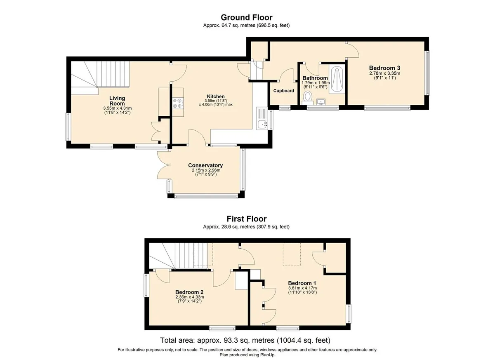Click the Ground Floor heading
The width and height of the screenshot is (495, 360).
tap(246, 17)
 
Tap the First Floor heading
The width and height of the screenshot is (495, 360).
tap(246, 219)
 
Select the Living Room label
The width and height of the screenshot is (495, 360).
tap(117, 101)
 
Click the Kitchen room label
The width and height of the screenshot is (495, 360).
tap(216, 96)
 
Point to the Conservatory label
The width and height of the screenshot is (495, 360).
tap(205, 165)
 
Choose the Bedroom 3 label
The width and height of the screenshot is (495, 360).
tap(384, 68)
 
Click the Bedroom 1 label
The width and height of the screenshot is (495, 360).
tap(302, 283)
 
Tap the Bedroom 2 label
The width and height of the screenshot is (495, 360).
tap(189, 292)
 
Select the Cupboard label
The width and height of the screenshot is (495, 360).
tap(283, 91)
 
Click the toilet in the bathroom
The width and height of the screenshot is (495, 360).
tap(307, 98)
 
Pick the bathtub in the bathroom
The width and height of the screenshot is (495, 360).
tap(337, 79)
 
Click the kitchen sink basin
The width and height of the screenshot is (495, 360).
tap(262, 125)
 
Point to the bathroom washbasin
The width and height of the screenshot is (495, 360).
tap(321, 102)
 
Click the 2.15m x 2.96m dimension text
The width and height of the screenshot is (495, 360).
tap(206, 170)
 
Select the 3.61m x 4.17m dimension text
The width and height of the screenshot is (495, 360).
tap(302, 288)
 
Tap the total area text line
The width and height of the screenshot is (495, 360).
tap(245, 340)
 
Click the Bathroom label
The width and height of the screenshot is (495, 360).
tap(315, 78)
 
